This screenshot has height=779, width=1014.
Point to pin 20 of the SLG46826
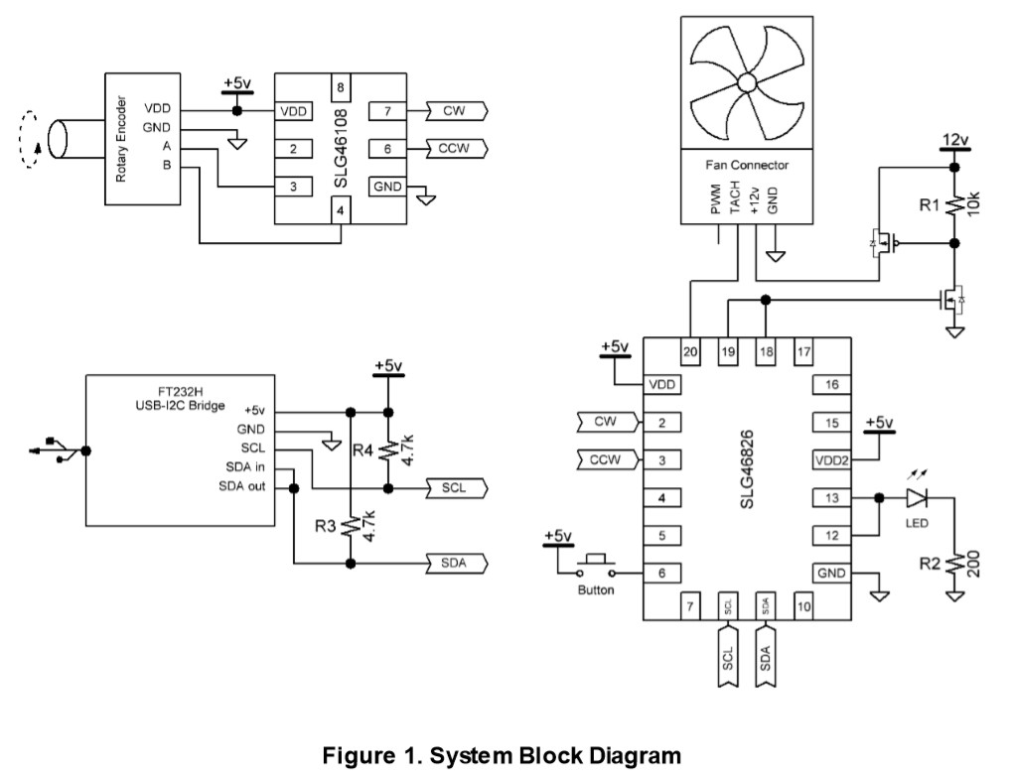[690, 350]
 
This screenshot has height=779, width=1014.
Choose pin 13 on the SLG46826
[831, 497]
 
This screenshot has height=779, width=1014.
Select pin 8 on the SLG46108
[341, 87]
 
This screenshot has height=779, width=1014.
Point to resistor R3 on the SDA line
[350, 526]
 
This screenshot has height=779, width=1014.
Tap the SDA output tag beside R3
[455, 564]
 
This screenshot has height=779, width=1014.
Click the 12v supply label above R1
[953, 140]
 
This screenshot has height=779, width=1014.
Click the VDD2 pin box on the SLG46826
[831, 459]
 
